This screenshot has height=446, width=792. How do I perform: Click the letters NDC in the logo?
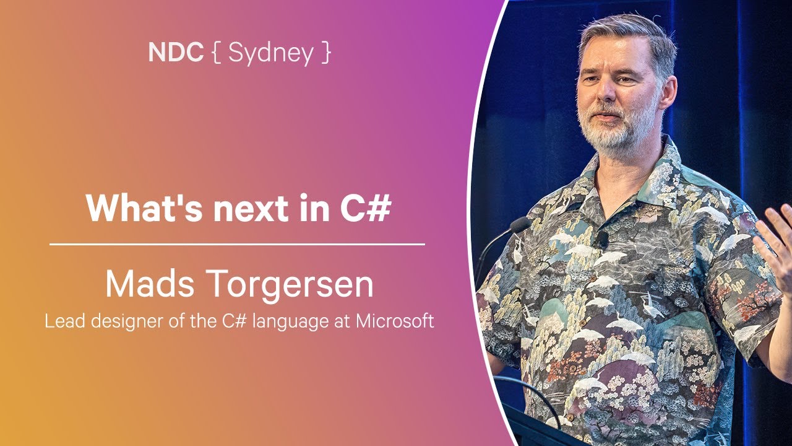pyautogui.click(x=176, y=52)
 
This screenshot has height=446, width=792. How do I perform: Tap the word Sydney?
pyautogui.click(x=270, y=54)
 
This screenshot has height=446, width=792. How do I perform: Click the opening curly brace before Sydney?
pyautogui.click(x=216, y=53)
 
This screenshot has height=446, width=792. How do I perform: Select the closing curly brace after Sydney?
pyautogui.click(x=326, y=53)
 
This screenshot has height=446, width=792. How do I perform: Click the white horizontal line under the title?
pyautogui.click(x=237, y=244)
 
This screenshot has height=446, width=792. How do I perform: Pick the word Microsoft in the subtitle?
pyautogui.click(x=395, y=321)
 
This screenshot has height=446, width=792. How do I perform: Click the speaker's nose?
pyautogui.click(x=608, y=90)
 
